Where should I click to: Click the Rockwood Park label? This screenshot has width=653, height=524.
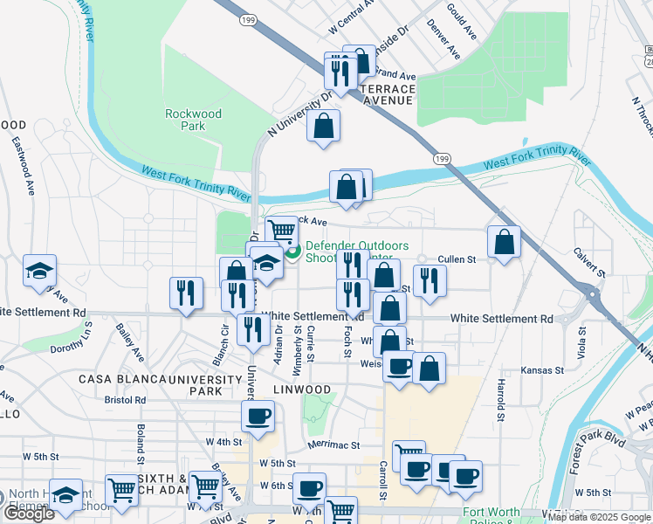click(194, 120)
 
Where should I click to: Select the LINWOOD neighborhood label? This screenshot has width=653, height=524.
click(301, 389)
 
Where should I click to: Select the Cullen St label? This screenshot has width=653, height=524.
click(457, 259)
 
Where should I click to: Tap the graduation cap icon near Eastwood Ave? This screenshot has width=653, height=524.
click(39, 271)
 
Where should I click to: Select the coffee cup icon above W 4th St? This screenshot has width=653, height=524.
click(258, 416)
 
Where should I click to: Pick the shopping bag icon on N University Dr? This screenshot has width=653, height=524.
click(323, 126)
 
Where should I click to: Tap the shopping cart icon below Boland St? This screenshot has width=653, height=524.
click(120, 490)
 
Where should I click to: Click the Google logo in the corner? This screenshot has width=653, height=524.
click(29, 514)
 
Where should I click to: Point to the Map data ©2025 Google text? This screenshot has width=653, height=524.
click(599, 517)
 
